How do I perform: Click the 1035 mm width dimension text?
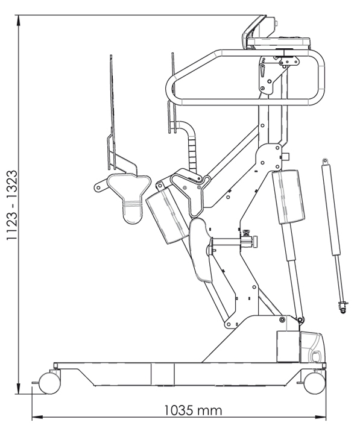[x=193, y=410]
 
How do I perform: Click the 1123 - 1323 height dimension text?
[x=12, y=205]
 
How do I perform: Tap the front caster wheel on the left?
[x=49, y=383]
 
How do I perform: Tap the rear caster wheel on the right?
[x=315, y=383]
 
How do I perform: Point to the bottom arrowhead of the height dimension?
[x=19, y=389]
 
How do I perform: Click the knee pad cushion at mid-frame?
[x=200, y=250]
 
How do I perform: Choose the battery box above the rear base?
[x=288, y=347]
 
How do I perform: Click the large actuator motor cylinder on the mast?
[x=289, y=196]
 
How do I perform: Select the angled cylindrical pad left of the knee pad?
[x=167, y=215]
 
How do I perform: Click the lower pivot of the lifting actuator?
[x=300, y=319]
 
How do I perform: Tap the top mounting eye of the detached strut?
[x=325, y=161]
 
